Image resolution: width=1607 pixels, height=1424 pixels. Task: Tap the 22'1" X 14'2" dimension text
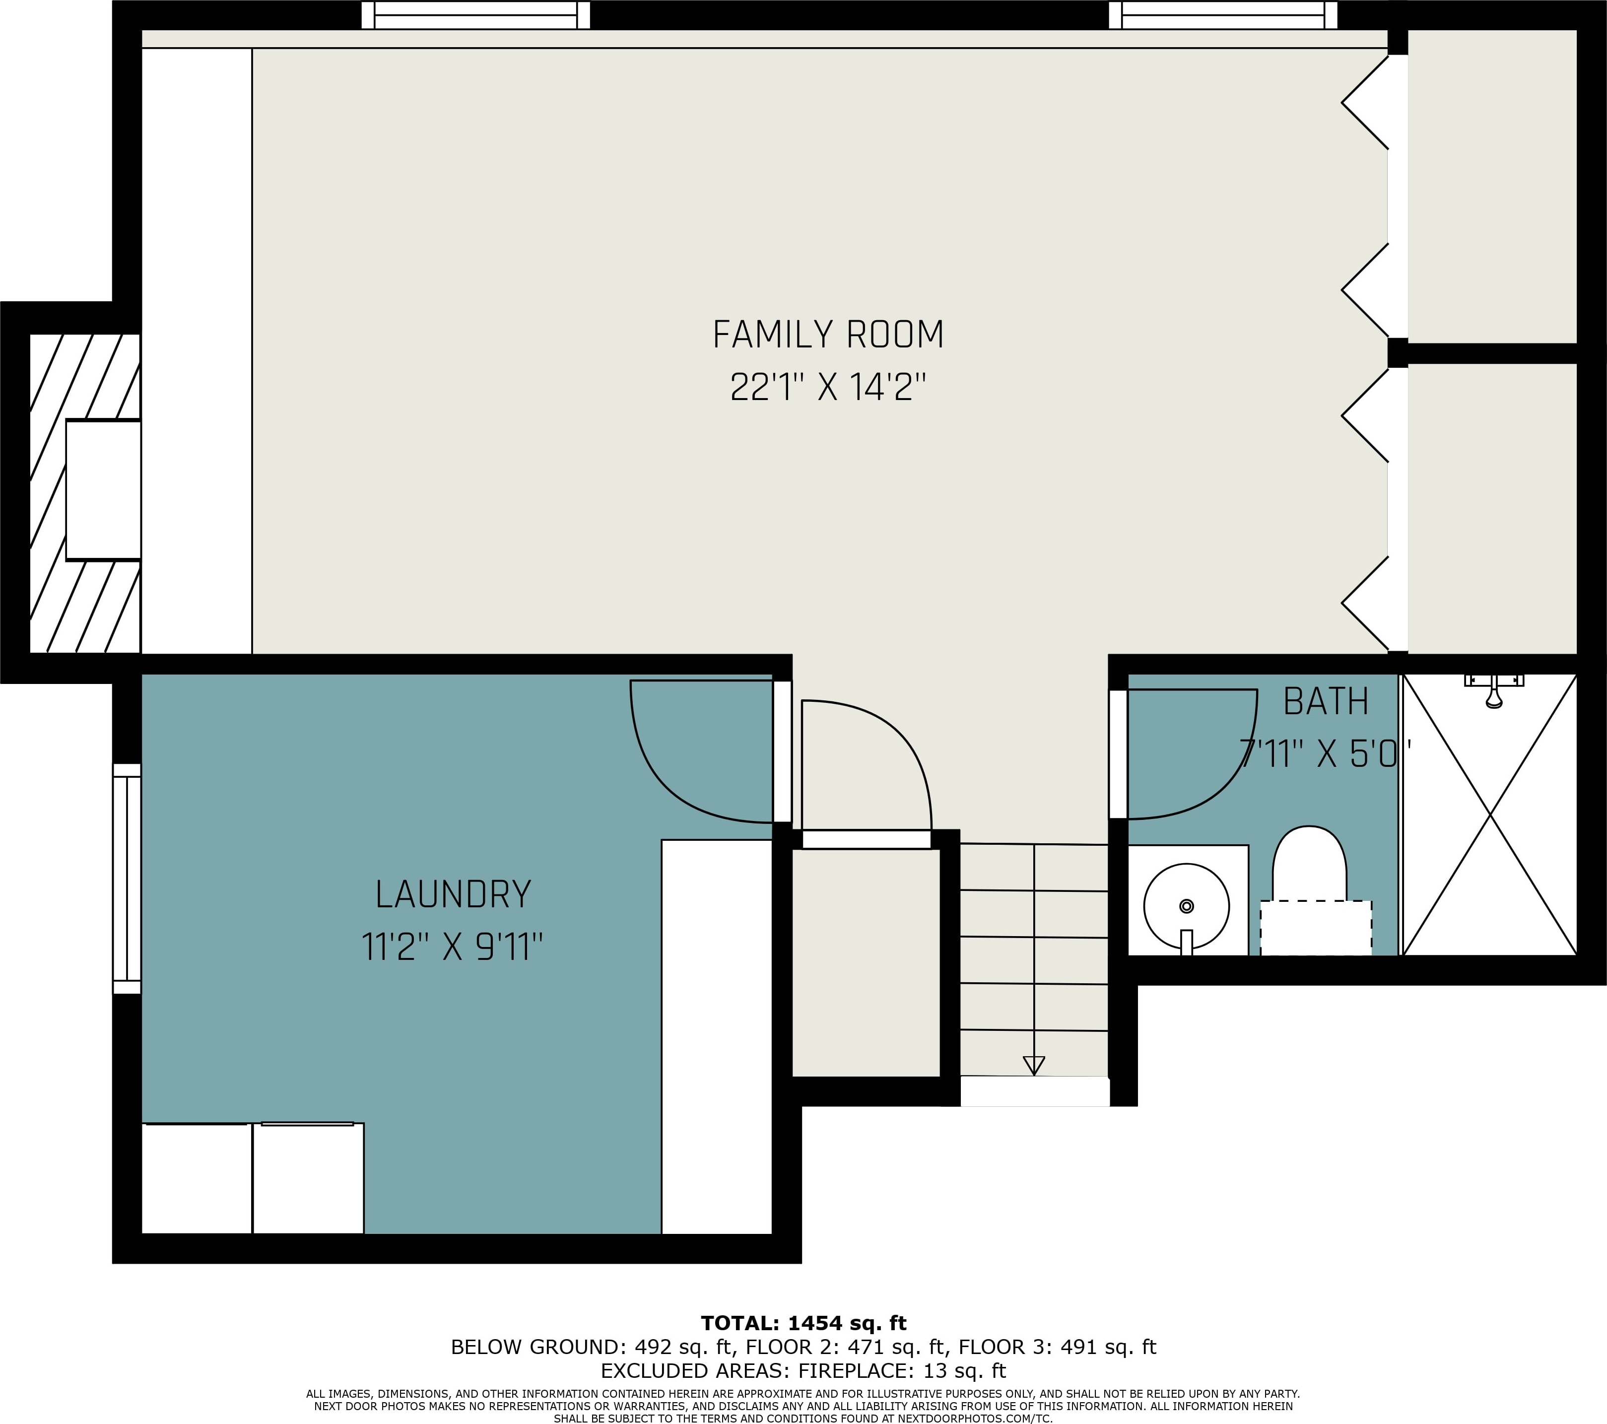click(828, 387)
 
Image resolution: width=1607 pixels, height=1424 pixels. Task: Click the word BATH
click(1326, 701)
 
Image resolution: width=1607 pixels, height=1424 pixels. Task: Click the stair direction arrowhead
click(1034, 1066)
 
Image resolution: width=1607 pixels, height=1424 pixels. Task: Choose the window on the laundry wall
click(127, 879)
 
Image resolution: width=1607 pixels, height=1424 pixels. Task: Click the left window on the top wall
click(475, 15)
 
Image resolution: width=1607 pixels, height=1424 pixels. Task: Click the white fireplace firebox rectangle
click(103, 490)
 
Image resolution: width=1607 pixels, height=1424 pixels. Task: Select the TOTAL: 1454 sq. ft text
click(803, 1323)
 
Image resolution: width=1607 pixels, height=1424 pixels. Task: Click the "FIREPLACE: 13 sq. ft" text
click(902, 1370)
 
